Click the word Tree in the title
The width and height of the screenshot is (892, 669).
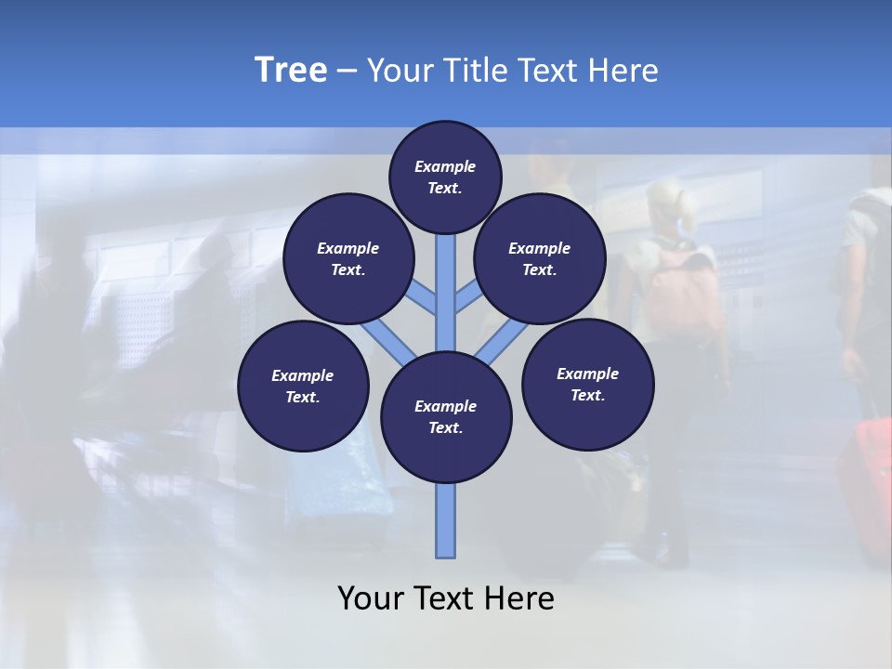point(291,70)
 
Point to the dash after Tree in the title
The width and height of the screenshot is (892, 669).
point(347,72)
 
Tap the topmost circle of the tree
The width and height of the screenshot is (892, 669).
point(445,177)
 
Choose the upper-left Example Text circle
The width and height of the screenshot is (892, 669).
point(348,259)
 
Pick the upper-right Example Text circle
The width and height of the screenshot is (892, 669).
point(539,259)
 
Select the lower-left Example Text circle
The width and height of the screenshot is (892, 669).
point(302,386)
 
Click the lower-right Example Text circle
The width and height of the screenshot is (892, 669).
point(587,384)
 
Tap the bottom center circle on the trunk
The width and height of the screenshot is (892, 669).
point(446,417)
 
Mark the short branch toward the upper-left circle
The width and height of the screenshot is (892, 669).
point(424,299)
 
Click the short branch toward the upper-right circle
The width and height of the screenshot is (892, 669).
point(467,299)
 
